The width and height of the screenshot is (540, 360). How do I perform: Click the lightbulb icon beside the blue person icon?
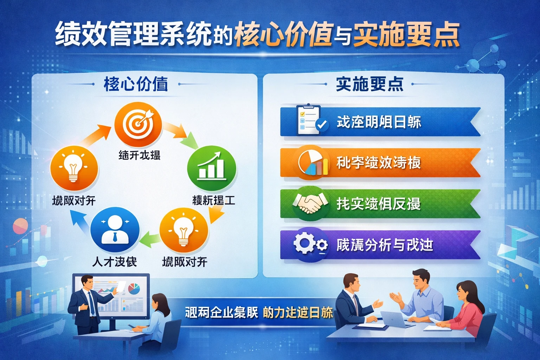[184, 231]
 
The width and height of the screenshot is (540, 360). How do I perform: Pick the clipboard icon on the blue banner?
[309, 120]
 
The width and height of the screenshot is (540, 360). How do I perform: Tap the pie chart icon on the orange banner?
[312, 163]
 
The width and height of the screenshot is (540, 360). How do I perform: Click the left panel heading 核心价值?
[136, 84]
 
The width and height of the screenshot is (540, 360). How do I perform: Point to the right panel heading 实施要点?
[369, 84]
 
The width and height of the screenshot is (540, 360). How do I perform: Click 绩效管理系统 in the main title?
[134, 34]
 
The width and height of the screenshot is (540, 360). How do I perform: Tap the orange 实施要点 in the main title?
[406, 34]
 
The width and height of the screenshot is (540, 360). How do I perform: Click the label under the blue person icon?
[115, 262]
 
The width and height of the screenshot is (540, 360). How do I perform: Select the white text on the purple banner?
[384, 245]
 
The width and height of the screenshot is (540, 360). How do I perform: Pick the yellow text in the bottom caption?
[297, 312]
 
